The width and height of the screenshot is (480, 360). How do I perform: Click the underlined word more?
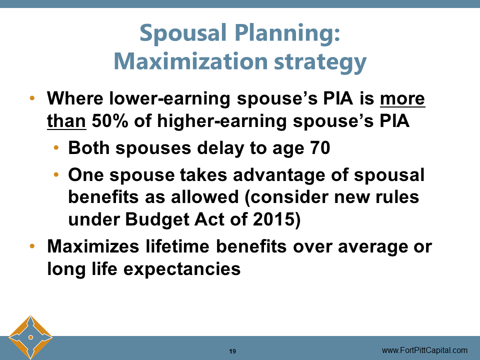(402, 98)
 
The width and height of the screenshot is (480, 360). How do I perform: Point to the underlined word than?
(66, 121)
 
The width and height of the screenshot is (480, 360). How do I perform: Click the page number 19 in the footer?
(232, 350)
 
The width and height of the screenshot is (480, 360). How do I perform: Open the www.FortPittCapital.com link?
(424, 350)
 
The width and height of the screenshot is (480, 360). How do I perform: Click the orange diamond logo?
(30, 337)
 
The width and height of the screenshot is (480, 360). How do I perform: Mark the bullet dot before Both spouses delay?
(56, 148)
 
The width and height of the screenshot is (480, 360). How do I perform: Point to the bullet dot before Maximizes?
(32, 246)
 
